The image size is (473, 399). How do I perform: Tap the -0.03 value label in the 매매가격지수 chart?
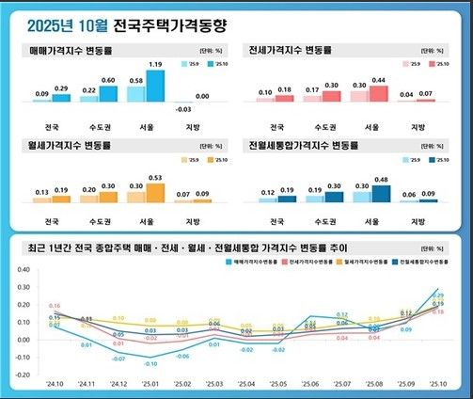point(185,109)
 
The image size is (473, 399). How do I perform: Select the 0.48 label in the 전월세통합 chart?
point(381,179)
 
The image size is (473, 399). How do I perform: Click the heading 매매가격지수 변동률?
point(72,49)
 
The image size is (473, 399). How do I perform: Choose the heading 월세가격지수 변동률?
point(72,146)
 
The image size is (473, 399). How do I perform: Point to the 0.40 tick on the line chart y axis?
point(22,269)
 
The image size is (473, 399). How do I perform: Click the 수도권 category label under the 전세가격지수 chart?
point(329,126)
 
